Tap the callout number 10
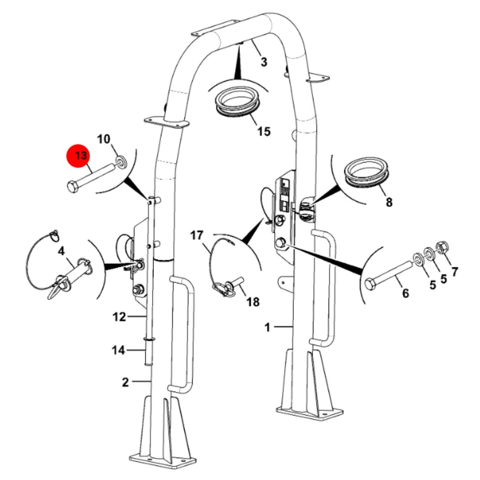tap(103, 139)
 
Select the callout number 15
tap(264, 131)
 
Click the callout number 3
tap(264, 61)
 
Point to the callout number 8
tap(389, 202)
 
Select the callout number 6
tap(406, 293)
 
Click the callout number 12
tap(119, 317)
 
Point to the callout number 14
tap(119, 350)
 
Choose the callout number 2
tap(125, 382)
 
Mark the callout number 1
tap(267, 327)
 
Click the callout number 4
tap(61, 251)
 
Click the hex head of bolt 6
tap(370, 284)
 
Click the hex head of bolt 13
tap(73, 187)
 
